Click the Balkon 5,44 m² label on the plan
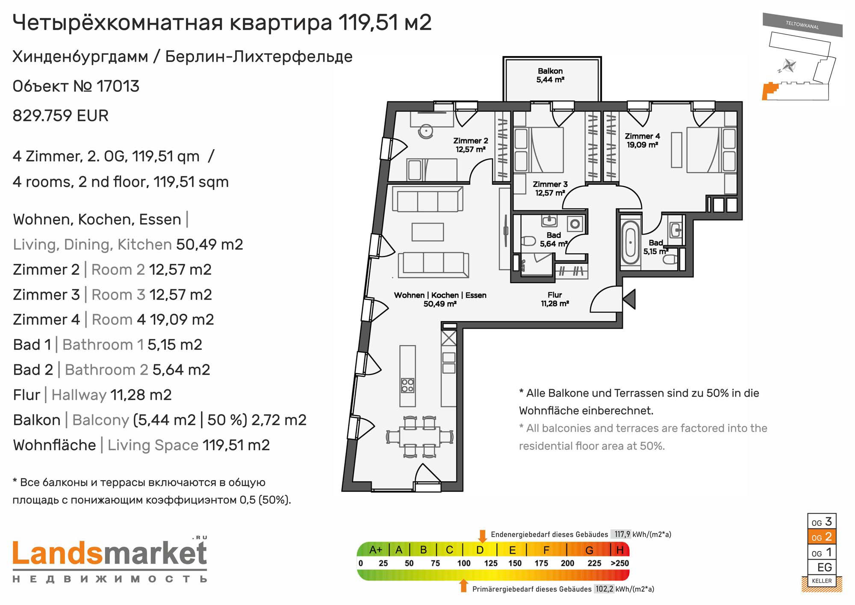click(x=550, y=75)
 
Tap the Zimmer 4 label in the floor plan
click(x=642, y=136)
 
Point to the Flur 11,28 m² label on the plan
click(x=554, y=299)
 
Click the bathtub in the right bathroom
click(x=630, y=242)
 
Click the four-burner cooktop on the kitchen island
click(x=407, y=385)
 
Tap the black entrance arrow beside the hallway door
click(x=629, y=299)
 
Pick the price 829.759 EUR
click(x=61, y=116)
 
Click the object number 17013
click(x=118, y=86)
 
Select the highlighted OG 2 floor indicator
click(x=821, y=537)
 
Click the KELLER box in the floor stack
click(x=822, y=581)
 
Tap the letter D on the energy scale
click(x=480, y=550)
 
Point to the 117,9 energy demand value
click(x=622, y=534)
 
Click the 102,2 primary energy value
click(x=604, y=589)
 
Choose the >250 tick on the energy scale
click(x=619, y=563)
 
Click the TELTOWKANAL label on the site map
click(x=802, y=25)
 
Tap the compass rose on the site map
click(x=789, y=66)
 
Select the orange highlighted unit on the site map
click(x=770, y=91)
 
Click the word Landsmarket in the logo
click(x=110, y=553)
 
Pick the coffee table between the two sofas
click(x=427, y=232)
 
